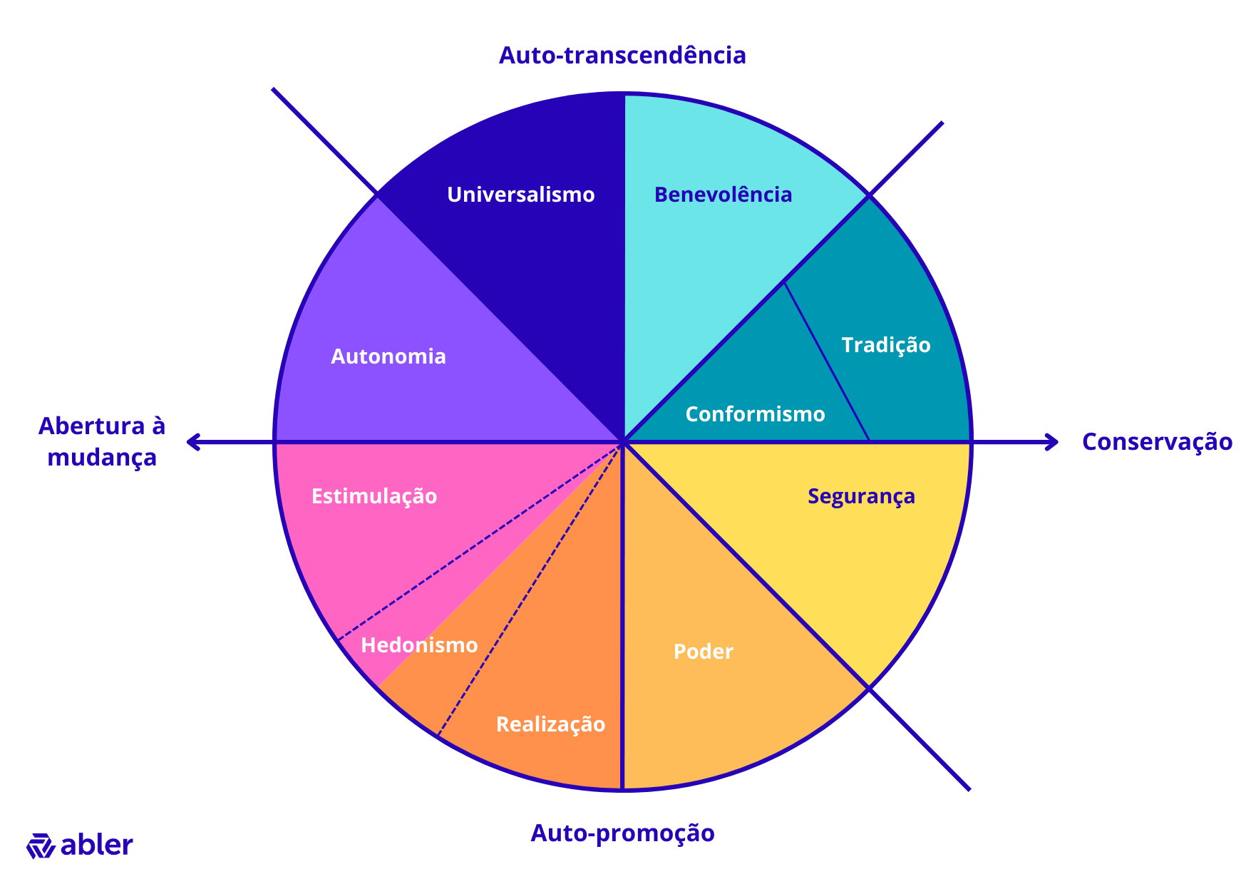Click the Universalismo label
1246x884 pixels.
[520, 195]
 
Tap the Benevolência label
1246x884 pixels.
[723, 195]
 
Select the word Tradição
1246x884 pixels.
[886, 345]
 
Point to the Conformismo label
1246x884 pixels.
[755, 414]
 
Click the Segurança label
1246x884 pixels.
[861, 496]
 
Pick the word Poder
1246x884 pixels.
[704, 652]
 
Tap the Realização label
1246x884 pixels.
[550, 724]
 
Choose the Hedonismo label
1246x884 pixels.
[419, 645]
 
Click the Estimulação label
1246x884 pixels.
[374, 496]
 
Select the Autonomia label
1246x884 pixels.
[388, 356]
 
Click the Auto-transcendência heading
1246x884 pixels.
[622, 56]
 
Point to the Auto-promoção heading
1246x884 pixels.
[622, 833]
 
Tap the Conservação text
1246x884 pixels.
[1157, 442]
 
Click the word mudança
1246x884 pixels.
[102, 457]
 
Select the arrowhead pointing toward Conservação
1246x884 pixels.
[1053, 442]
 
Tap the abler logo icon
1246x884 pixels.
[41, 846]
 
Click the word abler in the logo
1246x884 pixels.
[97, 845]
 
